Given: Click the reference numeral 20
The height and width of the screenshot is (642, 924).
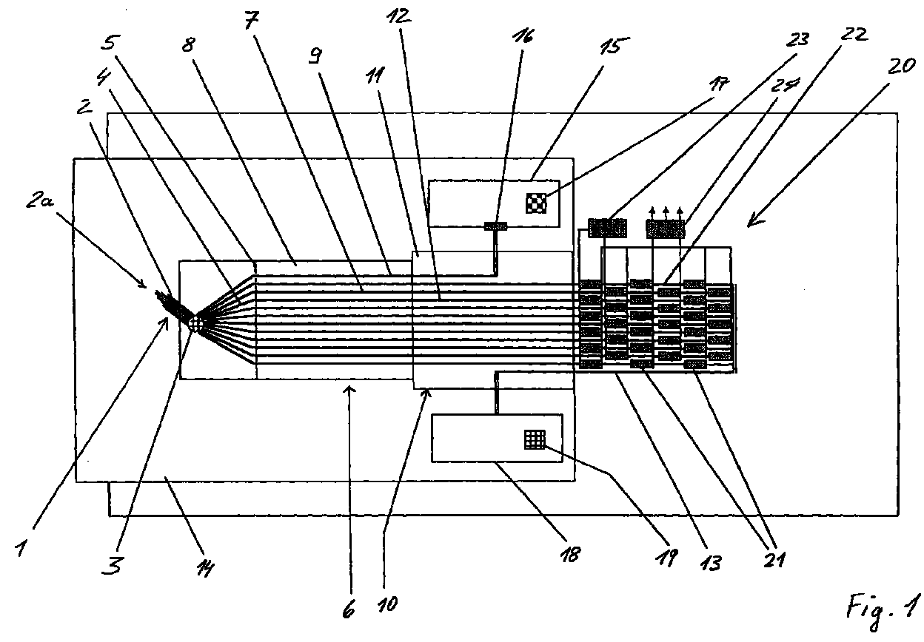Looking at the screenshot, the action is tap(902, 66).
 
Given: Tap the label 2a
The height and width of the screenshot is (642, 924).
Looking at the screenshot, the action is tap(39, 200).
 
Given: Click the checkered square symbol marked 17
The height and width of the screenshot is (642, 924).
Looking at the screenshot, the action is tap(536, 203).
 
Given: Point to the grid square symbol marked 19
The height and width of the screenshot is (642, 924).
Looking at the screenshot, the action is tap(535, 439).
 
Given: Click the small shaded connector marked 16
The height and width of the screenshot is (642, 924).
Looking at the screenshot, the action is tap(495, 226).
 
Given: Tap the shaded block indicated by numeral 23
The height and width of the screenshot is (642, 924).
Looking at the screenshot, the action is tap(607, 229).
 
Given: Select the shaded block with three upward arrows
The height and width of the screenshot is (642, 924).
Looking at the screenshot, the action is tap(665, 229).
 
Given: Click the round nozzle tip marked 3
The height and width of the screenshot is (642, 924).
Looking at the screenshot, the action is tap(196, 322).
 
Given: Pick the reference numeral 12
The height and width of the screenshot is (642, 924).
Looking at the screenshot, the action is tap(398, 16).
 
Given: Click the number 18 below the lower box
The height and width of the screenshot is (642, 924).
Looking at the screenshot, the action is tap(570, 554).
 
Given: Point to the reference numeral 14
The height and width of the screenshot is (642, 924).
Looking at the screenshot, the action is tap(205, 569).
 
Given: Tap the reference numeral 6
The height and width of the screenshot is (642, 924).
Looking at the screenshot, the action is tap(349, 609).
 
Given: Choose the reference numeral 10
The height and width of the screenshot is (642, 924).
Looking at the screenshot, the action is tap(387, 604).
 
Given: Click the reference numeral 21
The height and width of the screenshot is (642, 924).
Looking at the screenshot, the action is tap(774, 559).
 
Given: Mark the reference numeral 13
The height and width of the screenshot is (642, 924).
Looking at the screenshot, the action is tap(711, 562).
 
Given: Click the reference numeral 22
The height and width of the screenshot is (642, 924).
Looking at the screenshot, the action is tap(854, 34).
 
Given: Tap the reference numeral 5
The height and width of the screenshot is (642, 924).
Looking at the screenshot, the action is tap(110, 41).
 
